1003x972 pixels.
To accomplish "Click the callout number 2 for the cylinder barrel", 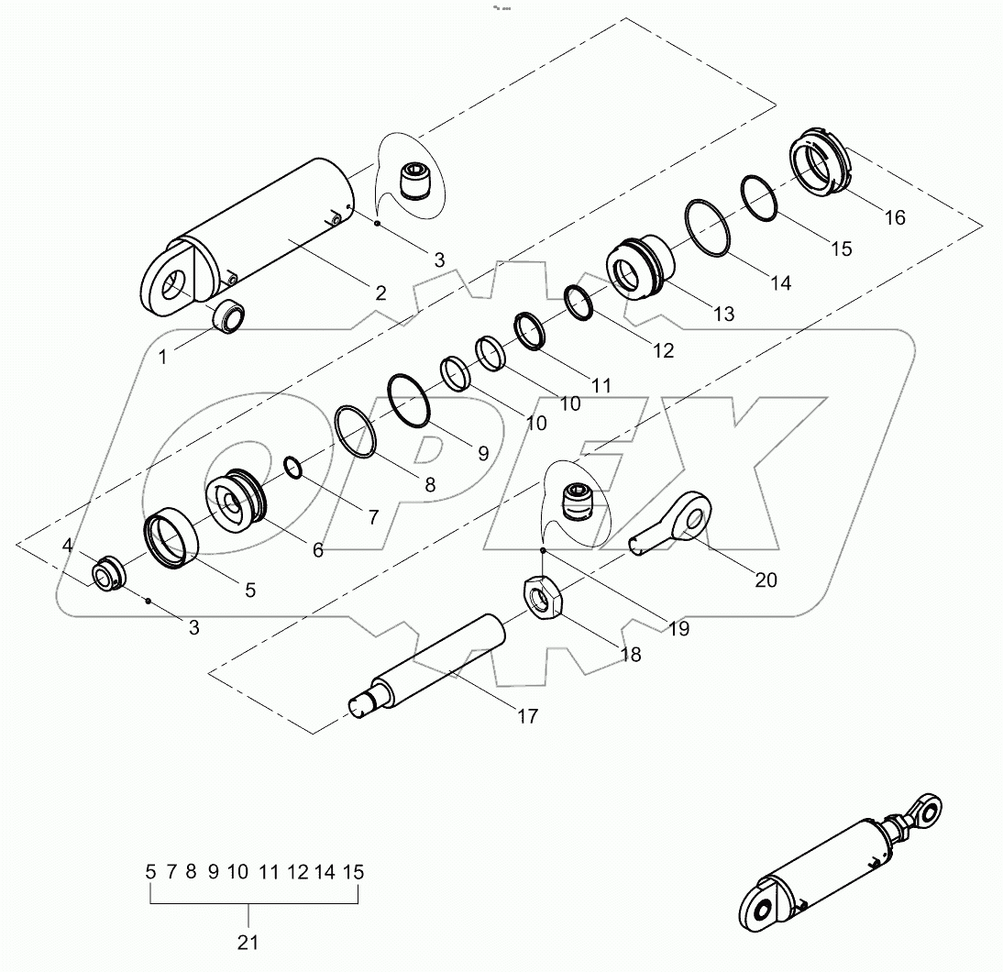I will coord(380,293).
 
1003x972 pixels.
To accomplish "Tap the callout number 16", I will coord(894,217).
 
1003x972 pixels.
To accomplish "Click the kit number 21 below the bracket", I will coord(248,942).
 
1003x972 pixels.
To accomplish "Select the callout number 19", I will coord(678,629).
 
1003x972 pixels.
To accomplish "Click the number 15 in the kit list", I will coord(354,872).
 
